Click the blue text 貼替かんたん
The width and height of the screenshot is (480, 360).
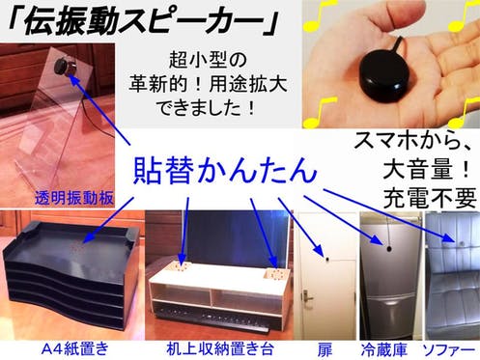pyautogui.click(x=225, y=169)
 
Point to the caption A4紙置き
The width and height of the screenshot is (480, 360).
pyautogui.click(x=75, y=349)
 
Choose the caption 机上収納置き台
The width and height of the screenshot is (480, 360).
pyautogui.click(x=220, y=349)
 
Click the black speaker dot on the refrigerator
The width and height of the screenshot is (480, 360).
pyautogui.click(x=389, y=248)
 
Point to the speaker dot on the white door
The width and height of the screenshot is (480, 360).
pyautogui.click(x=327, y=259)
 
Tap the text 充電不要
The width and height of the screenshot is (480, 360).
pyautogui.click(x=430, y=198)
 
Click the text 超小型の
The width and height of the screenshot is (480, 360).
pyautogui.click(x=208, y=60)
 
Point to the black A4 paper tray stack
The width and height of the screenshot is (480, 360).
pyautogui.click(x=71, y=273)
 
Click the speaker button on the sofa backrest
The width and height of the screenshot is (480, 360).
pyautogui.click(x=462, y=244)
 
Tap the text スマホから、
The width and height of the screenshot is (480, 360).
pyautogui.click(x=412, y=142)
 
